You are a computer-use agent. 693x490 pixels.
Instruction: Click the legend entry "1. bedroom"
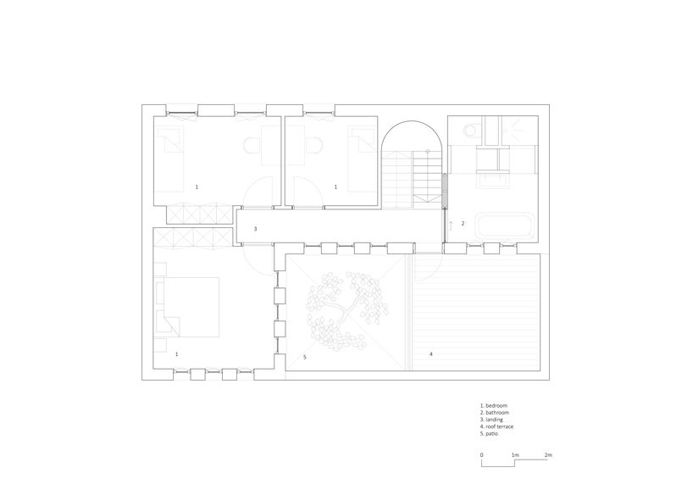(x=494, y=406)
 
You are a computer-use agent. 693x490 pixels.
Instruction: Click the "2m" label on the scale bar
(x=548, y=455)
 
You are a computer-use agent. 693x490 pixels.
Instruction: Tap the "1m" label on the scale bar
(x=515, y=455)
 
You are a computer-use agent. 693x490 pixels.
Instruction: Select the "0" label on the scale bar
(x=482, y=455)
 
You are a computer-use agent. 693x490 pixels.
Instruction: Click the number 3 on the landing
(x=255, y=229)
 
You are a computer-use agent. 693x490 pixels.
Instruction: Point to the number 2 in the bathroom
(x=463, y=224)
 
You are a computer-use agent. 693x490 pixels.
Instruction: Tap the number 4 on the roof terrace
(x=430, y=354)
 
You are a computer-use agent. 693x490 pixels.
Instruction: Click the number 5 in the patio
(x=304, y=357)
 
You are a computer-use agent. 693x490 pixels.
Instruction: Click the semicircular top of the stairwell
(x=412, y=136)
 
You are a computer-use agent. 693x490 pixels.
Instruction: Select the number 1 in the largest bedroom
(x=176, y=354)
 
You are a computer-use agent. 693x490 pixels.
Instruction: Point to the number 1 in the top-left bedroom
(x=197, y=187)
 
